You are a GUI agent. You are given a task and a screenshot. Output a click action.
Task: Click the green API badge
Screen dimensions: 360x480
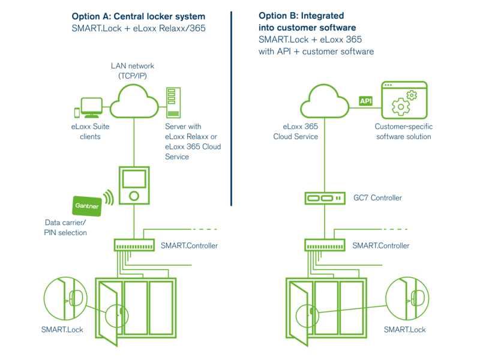coord(365,101)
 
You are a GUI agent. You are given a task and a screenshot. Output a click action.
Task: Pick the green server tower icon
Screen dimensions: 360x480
coord(173,102)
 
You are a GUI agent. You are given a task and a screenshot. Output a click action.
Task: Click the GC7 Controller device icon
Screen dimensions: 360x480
coord(324,197)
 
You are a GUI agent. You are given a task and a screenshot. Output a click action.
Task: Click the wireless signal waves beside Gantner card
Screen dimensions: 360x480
coord(109,196)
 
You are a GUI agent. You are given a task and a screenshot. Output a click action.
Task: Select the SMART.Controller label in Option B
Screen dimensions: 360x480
coord(381,245)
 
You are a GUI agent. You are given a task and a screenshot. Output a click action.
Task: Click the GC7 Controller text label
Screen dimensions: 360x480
coord(377,197)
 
